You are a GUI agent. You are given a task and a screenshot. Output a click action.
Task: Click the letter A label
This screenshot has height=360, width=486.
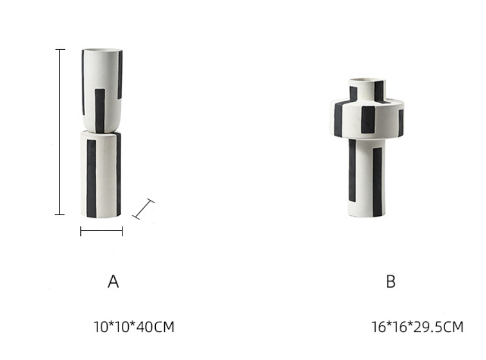113,282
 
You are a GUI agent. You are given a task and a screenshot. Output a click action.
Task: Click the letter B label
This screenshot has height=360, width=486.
391,282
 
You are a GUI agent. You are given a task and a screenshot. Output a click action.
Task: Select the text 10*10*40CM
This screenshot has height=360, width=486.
134,327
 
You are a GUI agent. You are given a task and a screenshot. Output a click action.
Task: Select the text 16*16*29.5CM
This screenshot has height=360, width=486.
417,327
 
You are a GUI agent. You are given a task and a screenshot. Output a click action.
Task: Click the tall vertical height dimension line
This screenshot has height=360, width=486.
60,132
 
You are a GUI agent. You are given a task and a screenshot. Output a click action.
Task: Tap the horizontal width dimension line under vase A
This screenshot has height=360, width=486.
101,231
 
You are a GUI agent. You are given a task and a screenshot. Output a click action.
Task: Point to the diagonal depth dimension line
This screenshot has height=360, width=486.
143,209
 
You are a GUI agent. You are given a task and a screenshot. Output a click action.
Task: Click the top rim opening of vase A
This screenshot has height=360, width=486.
102,50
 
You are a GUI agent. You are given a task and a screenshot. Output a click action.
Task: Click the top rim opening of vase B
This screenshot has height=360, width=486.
367,80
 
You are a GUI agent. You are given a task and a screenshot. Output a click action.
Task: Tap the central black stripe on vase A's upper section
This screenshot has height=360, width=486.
100,111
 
